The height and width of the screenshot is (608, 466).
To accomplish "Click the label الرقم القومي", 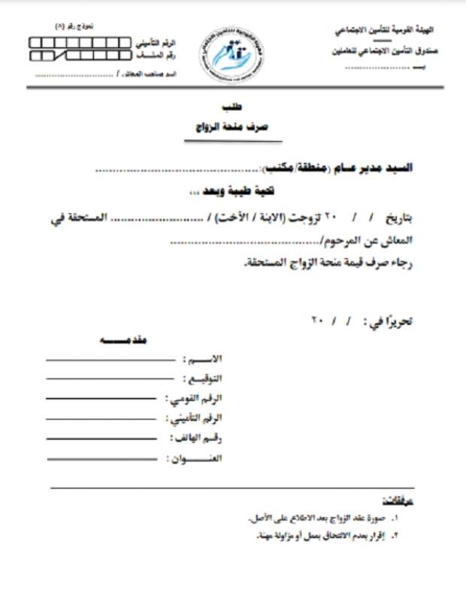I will pyautogui.click(x=196, y=398).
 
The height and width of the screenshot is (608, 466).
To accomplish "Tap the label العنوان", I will pyautogui.click(x=197, y=457).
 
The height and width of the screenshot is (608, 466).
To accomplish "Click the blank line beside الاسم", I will pyautogui.click(x=112, y=360).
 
